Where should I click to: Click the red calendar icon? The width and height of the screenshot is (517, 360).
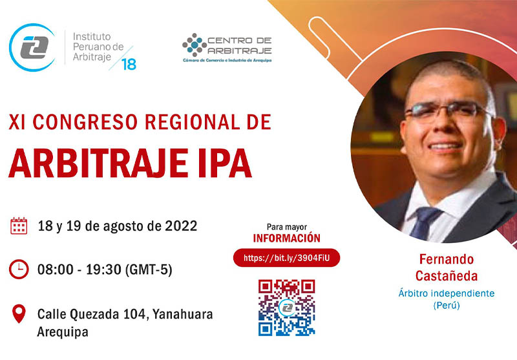coord(19,226)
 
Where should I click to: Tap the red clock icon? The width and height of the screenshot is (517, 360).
coord(19,270)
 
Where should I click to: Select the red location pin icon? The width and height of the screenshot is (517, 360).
coord(19,313)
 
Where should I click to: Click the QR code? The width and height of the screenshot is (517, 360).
coord(286,308)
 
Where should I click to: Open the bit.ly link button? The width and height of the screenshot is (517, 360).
coord(286,258)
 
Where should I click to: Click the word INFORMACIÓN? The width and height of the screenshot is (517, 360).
coord(286,238)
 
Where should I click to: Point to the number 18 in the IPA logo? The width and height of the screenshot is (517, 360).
coord(129,64)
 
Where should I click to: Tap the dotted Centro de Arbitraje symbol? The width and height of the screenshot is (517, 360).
coord(195,45)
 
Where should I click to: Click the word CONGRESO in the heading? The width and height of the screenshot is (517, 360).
coord(85,122)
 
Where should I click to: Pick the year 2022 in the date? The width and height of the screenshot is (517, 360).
coord(181,226)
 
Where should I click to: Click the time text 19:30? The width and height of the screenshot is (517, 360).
coord(103,270)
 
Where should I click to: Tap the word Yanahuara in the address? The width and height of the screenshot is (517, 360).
coord(183,314)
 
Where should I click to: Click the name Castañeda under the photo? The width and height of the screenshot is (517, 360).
coord(447,276)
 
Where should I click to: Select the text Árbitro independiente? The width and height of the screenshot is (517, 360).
coord(447,293)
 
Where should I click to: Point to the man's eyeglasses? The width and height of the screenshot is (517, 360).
coord(448,111)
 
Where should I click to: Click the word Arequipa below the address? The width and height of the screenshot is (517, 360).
coord(63,332)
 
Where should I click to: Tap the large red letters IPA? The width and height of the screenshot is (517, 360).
coord(225,164)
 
